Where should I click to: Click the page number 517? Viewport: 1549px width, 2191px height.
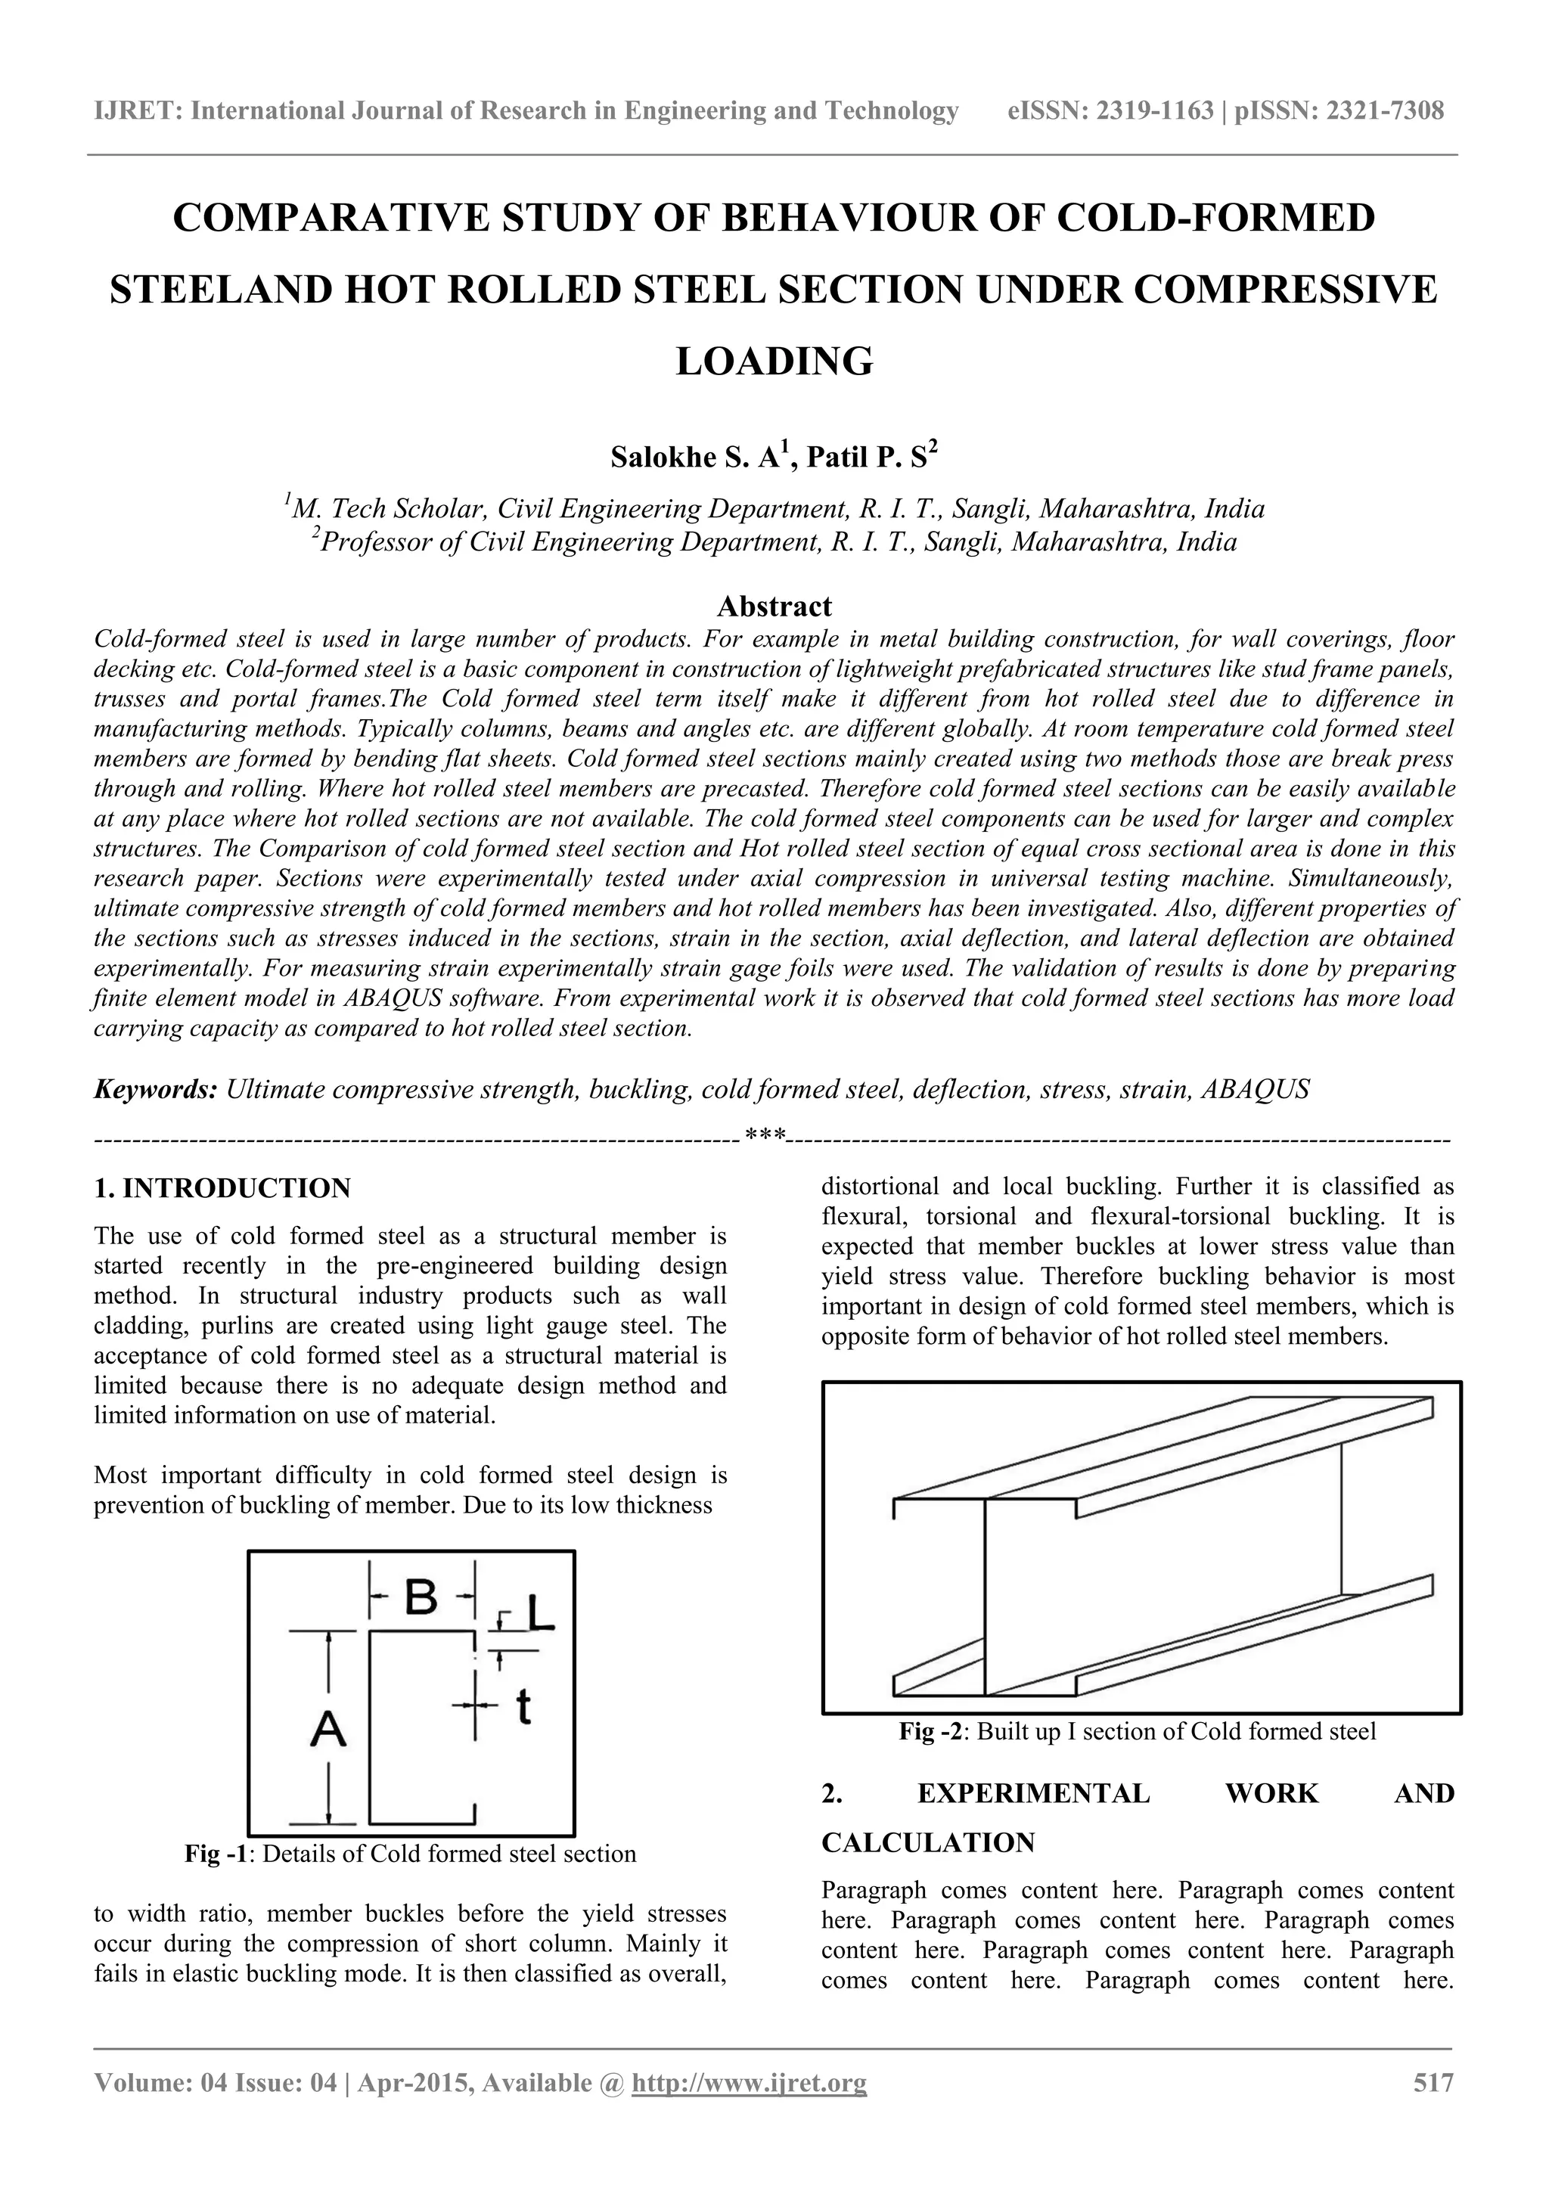[1433, 2082]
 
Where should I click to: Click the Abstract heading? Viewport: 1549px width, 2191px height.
[774, 606]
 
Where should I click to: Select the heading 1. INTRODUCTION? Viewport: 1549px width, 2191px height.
[222, 1188]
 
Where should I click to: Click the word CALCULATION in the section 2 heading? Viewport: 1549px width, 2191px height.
[928, 1842]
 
